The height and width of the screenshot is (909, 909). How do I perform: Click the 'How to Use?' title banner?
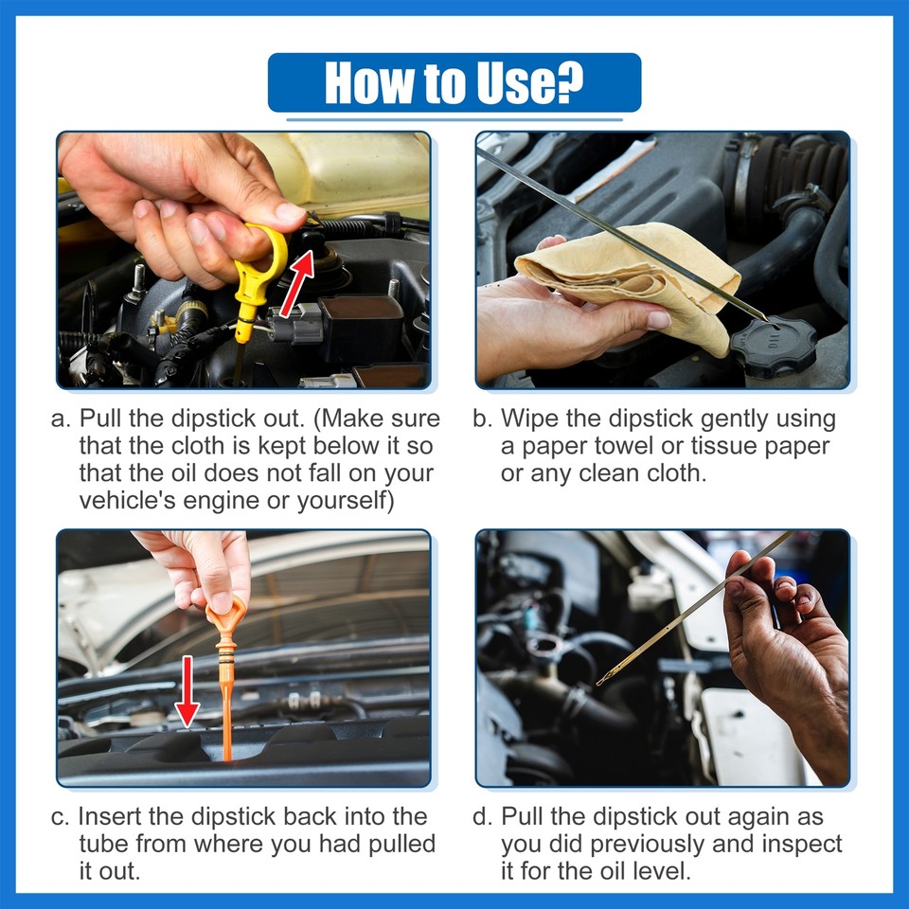454,82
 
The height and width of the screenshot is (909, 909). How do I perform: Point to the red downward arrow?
187,690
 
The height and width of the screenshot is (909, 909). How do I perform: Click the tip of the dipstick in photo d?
599,683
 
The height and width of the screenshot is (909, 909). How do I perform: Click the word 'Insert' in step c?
109,816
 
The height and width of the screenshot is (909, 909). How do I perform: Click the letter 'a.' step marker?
61,419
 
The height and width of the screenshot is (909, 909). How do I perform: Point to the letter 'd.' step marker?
482,817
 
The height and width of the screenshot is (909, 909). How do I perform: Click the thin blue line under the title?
454,120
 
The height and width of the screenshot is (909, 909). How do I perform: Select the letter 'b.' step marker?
482,419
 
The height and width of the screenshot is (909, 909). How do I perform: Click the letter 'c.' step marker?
61,817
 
